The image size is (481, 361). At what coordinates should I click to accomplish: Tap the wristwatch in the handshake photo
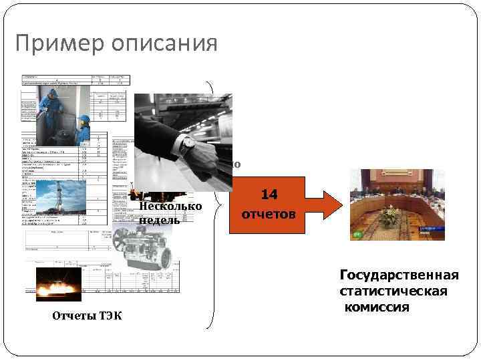[x=189, y=142]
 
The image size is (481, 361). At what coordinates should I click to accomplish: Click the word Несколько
[x=170, y=206]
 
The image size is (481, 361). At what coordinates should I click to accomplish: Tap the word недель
[x=160, y=220]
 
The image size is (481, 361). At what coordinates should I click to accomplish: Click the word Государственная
[x=399, y=276]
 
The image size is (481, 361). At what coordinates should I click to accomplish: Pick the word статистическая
[x=393, y=292]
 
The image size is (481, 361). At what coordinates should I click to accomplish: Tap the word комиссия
[x=377, y=308]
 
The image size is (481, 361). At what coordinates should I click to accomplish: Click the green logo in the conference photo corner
[x=357, y=234]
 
